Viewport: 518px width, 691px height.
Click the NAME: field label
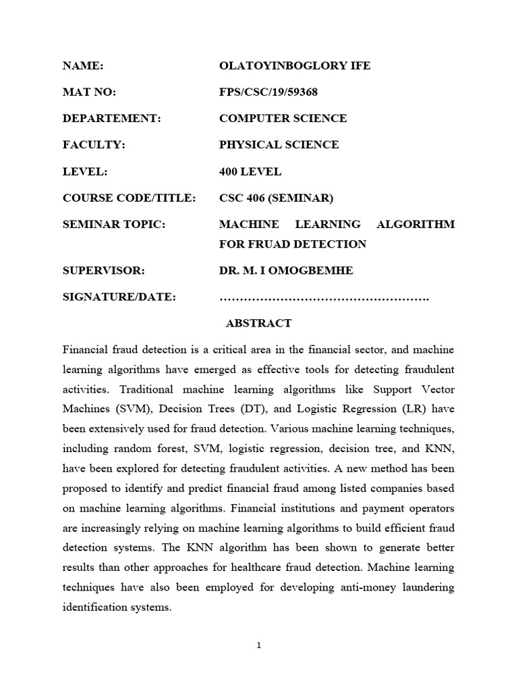point(82,65)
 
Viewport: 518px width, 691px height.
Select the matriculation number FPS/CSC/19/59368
point(268,92)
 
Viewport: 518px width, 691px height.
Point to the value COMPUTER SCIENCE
point(283,118)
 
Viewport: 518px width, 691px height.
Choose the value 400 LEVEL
point(250,171)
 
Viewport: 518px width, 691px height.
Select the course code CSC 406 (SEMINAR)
point(277,198)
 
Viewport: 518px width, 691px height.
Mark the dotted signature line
point(324,297)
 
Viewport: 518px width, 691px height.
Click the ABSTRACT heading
point(258,323)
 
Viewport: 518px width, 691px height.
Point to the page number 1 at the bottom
point(258,645)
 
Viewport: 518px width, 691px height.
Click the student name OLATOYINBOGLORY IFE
point(295,65)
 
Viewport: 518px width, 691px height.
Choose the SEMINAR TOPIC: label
point(113,224)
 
